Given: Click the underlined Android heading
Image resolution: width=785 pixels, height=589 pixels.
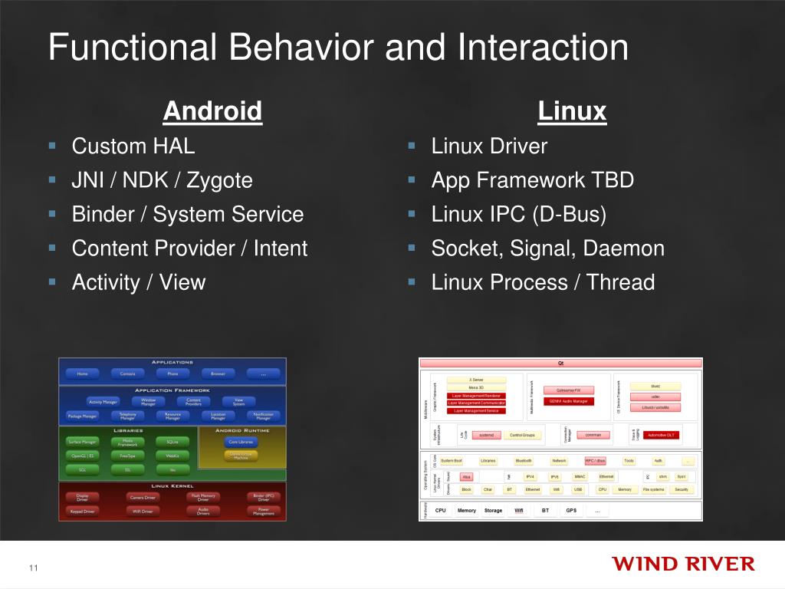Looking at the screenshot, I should pos(212,111).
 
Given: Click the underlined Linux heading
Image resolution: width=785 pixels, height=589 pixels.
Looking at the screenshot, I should pos(572,111).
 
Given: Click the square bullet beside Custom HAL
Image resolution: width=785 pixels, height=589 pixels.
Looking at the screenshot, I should pos(52,144).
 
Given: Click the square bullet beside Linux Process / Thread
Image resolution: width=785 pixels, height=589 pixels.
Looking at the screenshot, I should pos(412,281).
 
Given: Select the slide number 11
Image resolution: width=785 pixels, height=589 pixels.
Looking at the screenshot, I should pos(33,568).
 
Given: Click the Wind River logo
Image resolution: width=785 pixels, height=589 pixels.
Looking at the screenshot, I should pos(683,564).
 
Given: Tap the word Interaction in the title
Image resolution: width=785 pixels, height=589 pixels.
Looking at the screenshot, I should pos(544,48).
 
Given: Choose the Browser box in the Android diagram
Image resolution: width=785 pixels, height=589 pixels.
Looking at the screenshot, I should pos(218,374).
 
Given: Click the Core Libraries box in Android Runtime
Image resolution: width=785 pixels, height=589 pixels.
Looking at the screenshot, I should pos(241,442).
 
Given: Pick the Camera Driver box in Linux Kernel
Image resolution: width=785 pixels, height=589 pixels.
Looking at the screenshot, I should pos(143,497).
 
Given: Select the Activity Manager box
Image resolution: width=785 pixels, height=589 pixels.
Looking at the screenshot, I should pos(103,402).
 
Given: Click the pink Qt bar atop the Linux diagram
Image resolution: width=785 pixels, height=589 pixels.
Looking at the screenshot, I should pos(560,364).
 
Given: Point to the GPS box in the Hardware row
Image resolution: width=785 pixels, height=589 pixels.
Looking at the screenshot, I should pos(571,510).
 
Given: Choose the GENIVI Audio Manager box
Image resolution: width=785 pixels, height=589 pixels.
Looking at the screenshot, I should pos(569,401).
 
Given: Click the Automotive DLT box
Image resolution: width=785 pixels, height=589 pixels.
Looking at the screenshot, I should pos(661,435).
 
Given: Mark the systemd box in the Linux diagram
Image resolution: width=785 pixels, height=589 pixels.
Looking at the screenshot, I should pos(486,435).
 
